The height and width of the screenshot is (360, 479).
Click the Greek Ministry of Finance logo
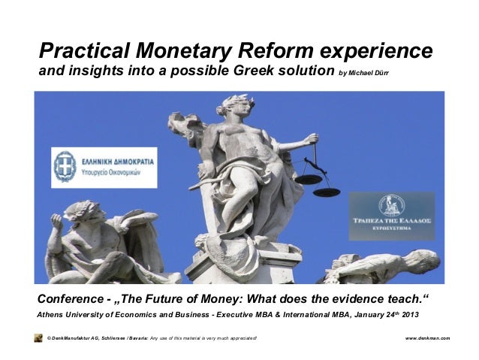[104, 167]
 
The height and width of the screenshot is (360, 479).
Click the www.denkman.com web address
[427, 338]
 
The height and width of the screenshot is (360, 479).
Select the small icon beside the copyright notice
[38, 338]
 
